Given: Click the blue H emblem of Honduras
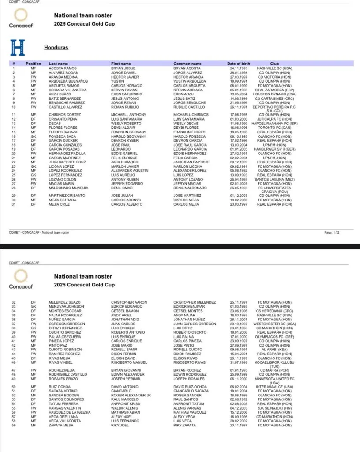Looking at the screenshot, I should coord(18,47).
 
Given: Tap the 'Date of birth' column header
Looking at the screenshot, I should coord(238,64).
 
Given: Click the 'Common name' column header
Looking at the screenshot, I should coord(187,64).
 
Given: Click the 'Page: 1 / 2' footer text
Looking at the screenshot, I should coord(332,232).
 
